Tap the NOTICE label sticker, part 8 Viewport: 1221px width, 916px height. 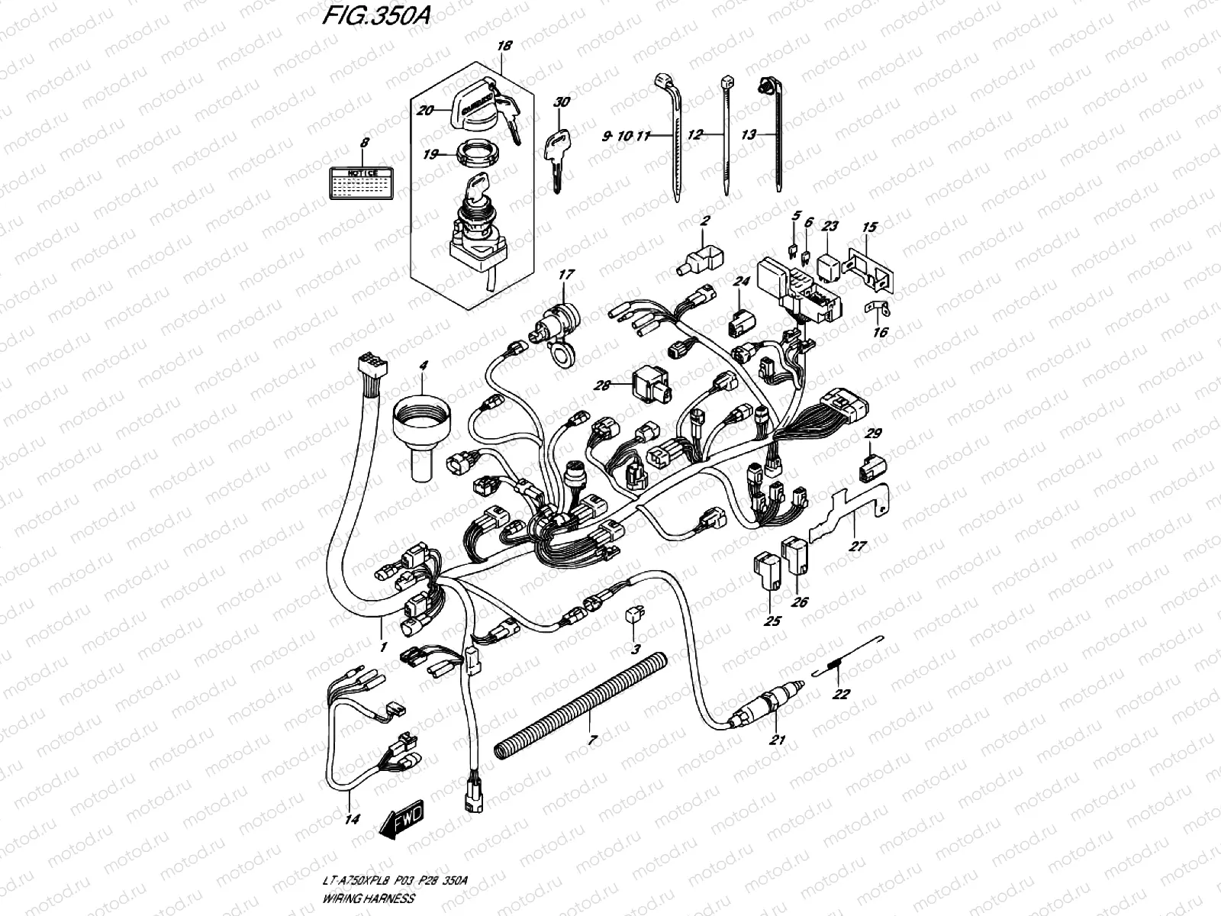[362, 184]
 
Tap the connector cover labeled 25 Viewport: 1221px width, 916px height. [768, 572]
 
